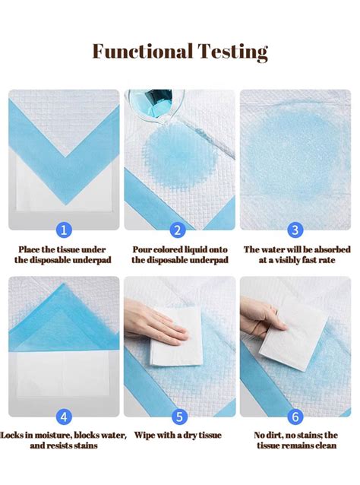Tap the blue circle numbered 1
(64, 230)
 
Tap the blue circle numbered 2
(179, 230)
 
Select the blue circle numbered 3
(295, 230)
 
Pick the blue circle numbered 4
(64, 416)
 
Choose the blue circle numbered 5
(179, 416)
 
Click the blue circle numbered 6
(295, 416)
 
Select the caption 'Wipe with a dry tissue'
(179, 435)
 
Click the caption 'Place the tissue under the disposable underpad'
(64, 254)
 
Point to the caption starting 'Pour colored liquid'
(179, 254)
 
